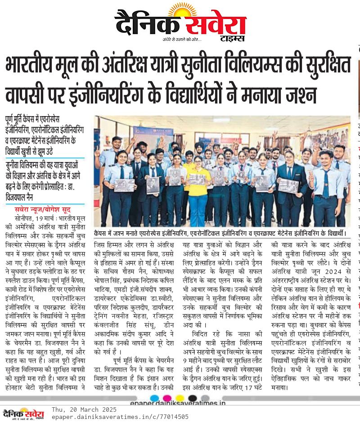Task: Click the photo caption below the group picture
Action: pyautogui.click(x=220, y=234)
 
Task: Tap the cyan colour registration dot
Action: pyautogui.click(x=155, y=398)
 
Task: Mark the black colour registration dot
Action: pyautogui.click(x=193, y=398)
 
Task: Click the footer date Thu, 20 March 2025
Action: pyautogui.click(x=84, y=409)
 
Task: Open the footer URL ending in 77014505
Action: pyautogui.click(x=120, y=417)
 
